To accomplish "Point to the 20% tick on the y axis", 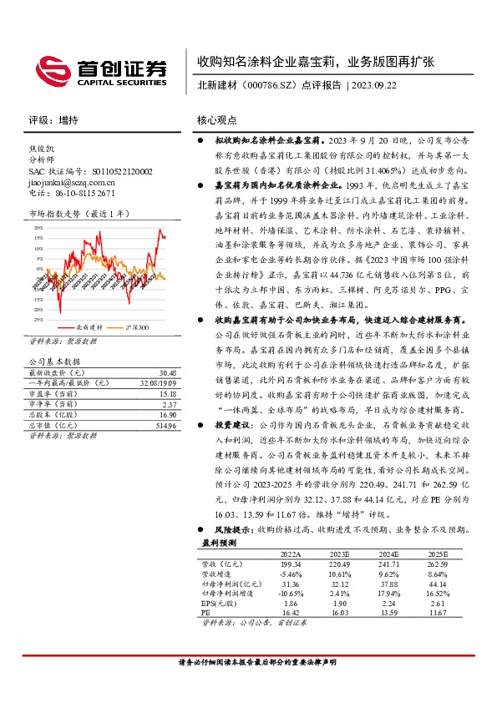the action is [x=38, y=226].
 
